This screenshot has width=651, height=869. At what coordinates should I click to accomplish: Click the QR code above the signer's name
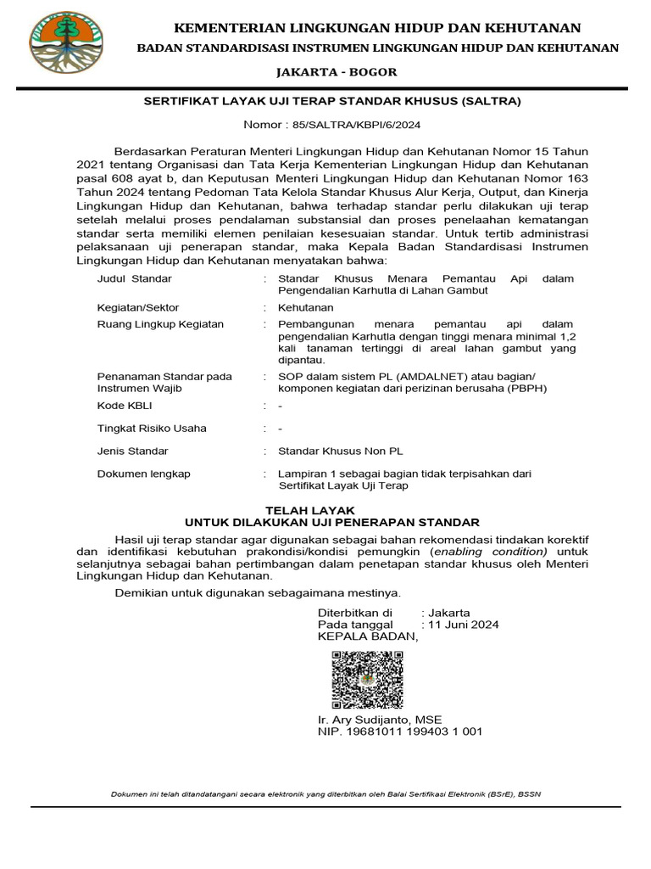(x=366, y=680)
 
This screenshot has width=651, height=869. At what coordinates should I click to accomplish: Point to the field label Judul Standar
(x=135, y=278)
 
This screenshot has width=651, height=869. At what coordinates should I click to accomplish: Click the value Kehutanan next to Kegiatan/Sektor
(x=306, y=307)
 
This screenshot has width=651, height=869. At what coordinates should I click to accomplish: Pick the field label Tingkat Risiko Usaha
(x=152, y=429)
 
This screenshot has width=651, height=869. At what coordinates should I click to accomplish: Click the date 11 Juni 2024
(x=464, y=624)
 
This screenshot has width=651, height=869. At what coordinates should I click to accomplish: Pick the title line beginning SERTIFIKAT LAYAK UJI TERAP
(x=331, y=101)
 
